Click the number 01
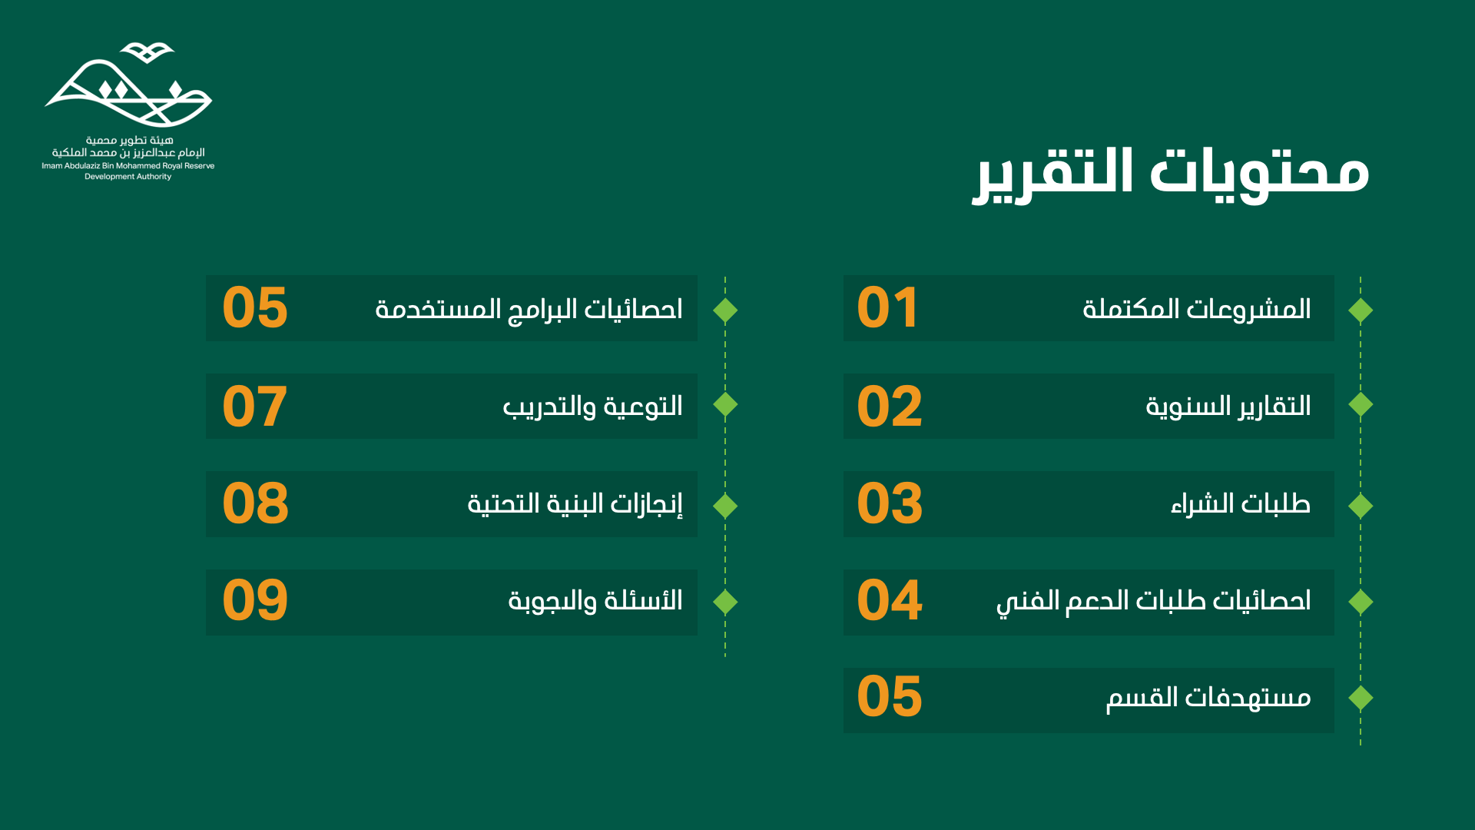[887, 307]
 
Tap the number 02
[890, 406]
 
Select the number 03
[890, 503]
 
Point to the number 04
[890, 600]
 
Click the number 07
[255, 406]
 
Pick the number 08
[255, 503]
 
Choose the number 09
[255, 600]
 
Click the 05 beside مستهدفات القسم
[890, 697]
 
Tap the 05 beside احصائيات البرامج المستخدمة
[255, 307]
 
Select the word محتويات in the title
[1260, 174]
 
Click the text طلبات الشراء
[1241, 504]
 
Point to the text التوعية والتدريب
[593, 406]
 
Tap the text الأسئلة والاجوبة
[595, 600]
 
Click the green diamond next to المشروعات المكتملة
[1361, 310]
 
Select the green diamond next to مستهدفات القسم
[1361, 698]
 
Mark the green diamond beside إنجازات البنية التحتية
[725, 506]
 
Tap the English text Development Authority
[128, 177]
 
